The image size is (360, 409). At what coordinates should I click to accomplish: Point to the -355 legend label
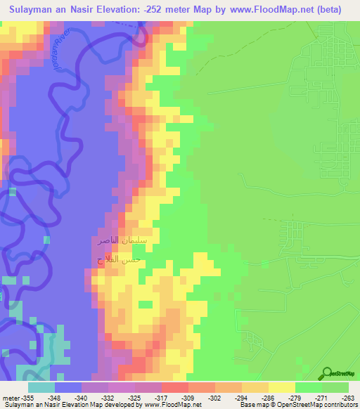tap(28, 397)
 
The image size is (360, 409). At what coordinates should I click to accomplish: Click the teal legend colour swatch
tap(41, 387)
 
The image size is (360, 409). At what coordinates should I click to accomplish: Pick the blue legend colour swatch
tap(68, 387)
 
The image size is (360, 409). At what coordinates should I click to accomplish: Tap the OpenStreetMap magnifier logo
tap(327, 372)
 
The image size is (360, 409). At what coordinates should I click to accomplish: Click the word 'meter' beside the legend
tap(11, 397)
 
